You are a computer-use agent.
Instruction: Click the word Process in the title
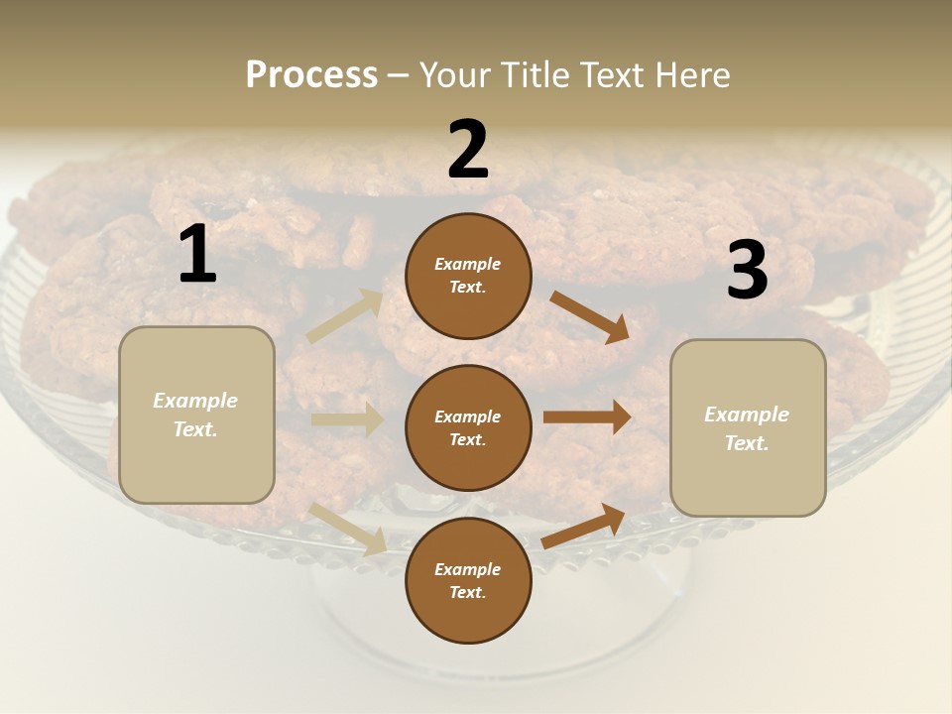[311, 75]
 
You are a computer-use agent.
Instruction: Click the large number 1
[197, 255]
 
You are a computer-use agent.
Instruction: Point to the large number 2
[468, 150]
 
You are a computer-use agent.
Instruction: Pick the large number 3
[747, 271]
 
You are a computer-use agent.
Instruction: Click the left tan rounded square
[196, 415]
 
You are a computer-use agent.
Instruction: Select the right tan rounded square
[748, 428]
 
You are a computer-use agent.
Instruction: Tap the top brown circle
[468, 276]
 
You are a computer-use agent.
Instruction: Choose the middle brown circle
[468, 428]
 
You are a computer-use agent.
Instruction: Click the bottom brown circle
[468, 581]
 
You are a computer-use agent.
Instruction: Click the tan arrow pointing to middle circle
[347, 419]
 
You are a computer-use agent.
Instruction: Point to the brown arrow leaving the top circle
[589, 316]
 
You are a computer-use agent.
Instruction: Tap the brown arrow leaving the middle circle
[587, 417]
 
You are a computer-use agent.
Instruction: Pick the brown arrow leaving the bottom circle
[584, 526]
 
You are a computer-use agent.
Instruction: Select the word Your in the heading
[455, 75]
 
